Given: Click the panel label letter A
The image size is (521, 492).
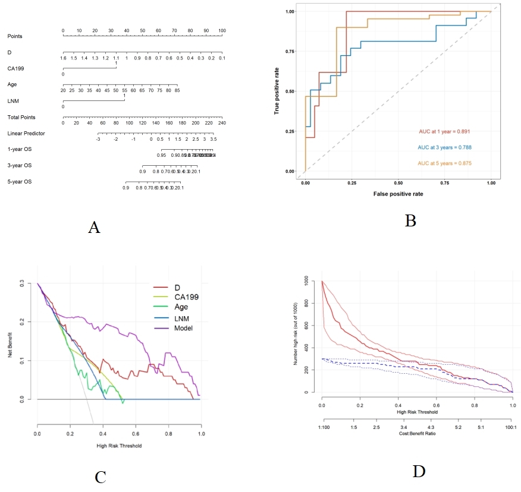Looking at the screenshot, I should coord(93,227).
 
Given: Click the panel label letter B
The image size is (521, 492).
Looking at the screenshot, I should coord(410,220).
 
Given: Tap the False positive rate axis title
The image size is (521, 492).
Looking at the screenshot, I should coord(398,194).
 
